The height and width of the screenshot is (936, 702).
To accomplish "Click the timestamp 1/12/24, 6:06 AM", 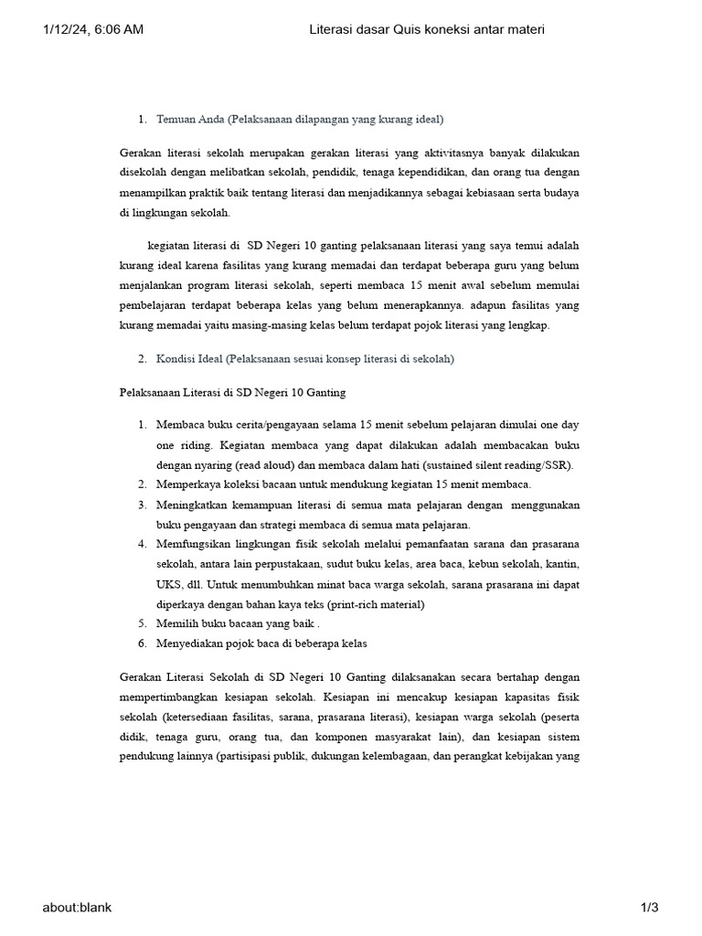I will click(x=93, y=30).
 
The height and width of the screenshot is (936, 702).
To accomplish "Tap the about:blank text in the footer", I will click(x=77, y=907).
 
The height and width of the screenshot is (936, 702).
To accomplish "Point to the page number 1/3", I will click(x=649, y=907).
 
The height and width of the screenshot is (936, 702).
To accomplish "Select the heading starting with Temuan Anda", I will click(x=300, y=119).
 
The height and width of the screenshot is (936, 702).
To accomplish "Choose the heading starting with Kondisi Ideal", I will click(x=305, y=359).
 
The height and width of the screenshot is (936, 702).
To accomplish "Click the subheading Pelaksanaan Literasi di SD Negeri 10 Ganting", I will click(x=233, y=392).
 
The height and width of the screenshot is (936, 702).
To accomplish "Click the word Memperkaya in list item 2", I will click(x=189, y=484).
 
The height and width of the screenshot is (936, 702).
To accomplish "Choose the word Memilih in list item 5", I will click(x=177, y=623).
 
